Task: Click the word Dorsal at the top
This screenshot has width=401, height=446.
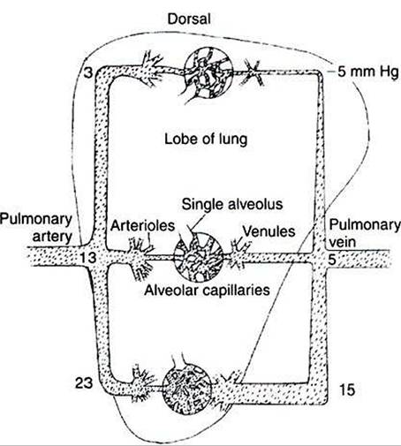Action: coord(189,19)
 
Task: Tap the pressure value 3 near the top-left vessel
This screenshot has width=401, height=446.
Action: coord(87,72)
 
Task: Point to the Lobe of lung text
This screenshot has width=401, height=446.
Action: coord(206,139)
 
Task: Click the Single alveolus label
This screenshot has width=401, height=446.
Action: coord(232,204)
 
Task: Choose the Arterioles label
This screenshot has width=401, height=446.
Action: coord(142,225)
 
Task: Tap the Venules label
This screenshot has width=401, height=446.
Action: coord(269,231)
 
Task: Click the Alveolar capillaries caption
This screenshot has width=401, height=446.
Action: coord(207,291)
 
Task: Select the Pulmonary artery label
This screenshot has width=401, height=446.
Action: coord(36,228)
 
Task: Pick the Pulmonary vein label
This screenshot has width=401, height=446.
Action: coord(365,233)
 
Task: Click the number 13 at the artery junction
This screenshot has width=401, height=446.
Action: coord(88,258)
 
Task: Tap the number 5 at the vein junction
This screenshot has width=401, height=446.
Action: coord(332,260)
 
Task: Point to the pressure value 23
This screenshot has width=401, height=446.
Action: coord(84,383)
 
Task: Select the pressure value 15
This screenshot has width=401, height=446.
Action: coord(347,389)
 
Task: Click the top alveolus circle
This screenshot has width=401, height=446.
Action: coord(208,72)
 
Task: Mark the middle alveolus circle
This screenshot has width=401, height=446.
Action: coord(198,256)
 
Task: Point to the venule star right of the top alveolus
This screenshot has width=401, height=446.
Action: coord(253,72)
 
